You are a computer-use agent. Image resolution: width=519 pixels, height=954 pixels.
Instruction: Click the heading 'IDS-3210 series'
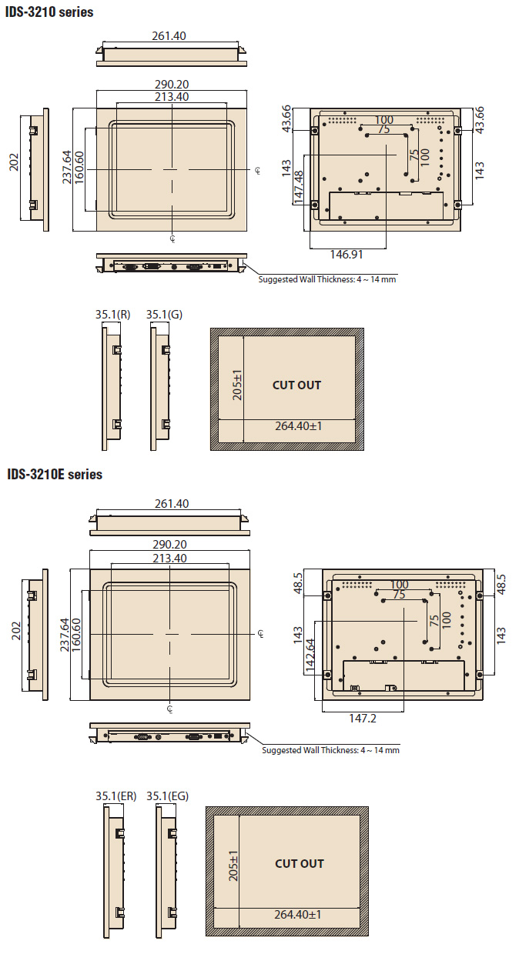pyautogui.click(x=49, y=12)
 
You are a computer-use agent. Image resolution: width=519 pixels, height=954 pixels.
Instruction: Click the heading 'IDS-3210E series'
pyautogui.click(x=55, y=474)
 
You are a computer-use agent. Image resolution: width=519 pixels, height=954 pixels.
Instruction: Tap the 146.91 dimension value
pyautogui.click(x=346, y=254)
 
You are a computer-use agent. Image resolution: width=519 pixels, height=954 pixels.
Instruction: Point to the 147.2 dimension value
pyautogui.click(x=363, y=718)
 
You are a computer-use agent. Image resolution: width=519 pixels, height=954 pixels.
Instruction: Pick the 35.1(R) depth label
pyautogui.click(x=112, y=315)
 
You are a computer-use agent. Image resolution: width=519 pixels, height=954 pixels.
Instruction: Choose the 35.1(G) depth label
pyautogui.click(x=164, y=315)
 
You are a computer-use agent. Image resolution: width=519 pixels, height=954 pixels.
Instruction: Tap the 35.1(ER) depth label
pyautogui.click(x=116, y=796)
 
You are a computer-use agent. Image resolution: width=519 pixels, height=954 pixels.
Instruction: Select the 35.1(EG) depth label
pyautogui.click(x=167, y=796)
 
